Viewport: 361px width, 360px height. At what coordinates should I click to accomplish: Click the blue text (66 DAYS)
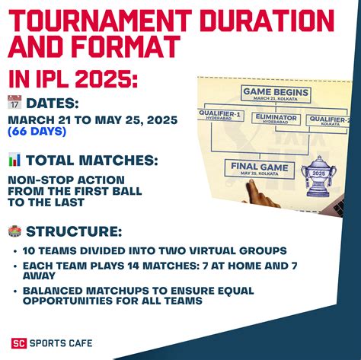click(37, 132)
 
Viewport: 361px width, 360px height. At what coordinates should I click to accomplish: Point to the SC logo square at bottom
click(18, 343)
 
